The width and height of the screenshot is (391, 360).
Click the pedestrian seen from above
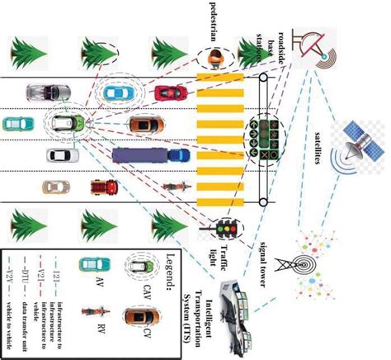pos(215,57)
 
